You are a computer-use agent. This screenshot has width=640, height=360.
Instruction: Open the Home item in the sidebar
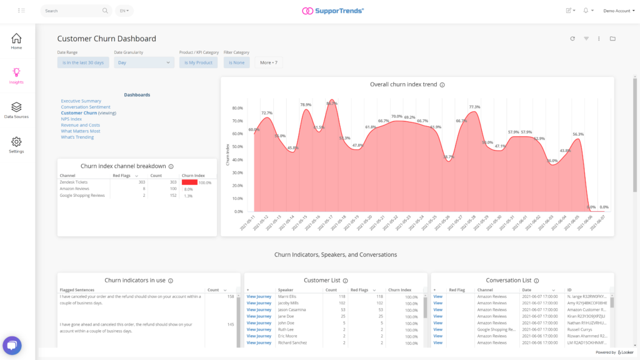[16, 41]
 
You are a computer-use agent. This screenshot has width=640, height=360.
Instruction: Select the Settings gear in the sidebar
[16, 145]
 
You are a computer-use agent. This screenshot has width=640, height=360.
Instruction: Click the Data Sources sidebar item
[16, 111]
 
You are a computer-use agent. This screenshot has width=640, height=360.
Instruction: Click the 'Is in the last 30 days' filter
[83, 62]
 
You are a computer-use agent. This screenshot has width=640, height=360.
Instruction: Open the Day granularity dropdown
[144, 62]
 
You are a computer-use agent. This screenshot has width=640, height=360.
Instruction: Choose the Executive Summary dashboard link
[81, 101]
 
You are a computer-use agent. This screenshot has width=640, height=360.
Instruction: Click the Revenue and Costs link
[80, 125]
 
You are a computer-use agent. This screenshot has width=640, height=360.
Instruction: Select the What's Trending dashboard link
[77, 137]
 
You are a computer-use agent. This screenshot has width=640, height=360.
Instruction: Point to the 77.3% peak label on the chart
[474, 107]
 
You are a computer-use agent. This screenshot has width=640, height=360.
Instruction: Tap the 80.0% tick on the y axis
[237, 108]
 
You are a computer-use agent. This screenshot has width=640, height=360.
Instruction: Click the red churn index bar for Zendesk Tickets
[189, 182]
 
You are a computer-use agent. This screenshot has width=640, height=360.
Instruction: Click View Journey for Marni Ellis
[259, 297]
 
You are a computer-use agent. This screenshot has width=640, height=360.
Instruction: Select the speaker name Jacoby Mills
[289, 302]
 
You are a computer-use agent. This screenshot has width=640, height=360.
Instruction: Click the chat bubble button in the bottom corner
[12, 346]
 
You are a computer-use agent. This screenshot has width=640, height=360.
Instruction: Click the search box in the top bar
[72, 11]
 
